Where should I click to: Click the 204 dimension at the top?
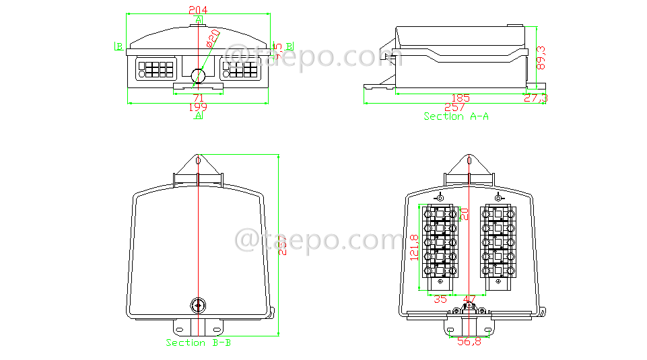(198, 9)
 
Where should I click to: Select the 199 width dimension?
(198, 107)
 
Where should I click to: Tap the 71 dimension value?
(198, 98)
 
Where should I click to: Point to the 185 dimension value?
(461, 98)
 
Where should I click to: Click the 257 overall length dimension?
(455, 107)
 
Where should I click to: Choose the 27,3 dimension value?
(536, 98)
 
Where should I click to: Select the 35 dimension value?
(440, 299)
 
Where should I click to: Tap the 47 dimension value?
(469, 299)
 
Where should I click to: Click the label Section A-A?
(456, 116)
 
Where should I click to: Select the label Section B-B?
(199, 343)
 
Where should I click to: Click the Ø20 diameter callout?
(211, 38)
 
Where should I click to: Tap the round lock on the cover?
(199, 305)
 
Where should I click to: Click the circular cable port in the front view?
(198, 75)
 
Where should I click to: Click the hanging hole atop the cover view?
(198, 161)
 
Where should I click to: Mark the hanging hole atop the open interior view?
(470, 161)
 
